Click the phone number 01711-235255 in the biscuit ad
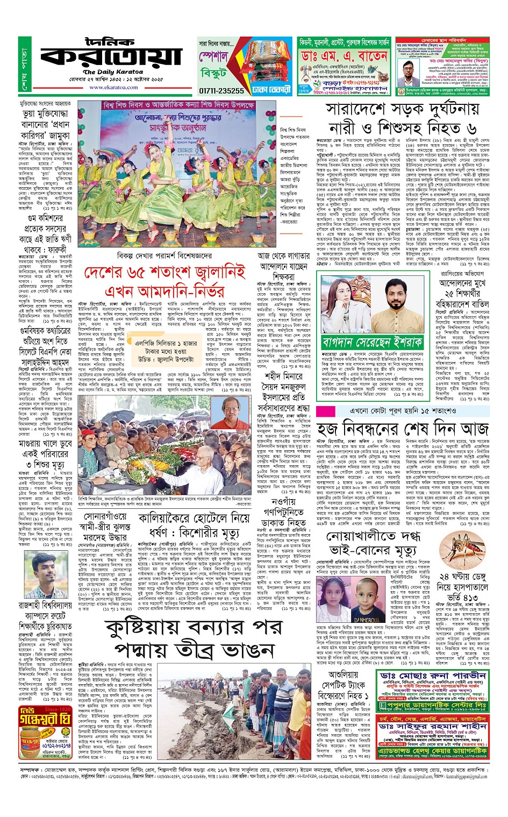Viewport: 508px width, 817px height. pos(221,91)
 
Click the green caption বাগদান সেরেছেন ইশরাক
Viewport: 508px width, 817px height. pos(372,342)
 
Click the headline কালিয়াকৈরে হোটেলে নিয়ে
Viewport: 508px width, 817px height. pos(194,518)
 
